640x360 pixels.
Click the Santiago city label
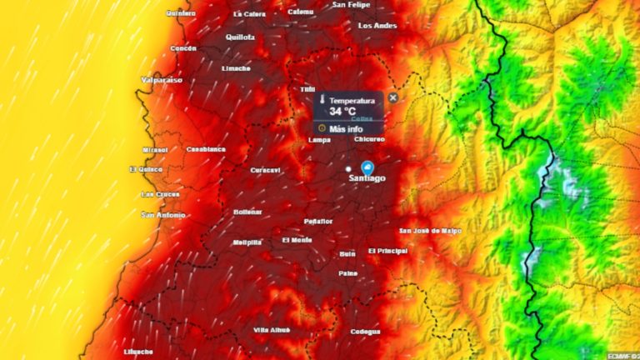(x=367, y=178)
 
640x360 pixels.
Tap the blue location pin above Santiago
(x=367, y=167)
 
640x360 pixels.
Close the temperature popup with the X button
(x=393, y=97)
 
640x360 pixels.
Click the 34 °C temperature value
(x=342, y=111)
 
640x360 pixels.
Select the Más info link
(x=346, y=129)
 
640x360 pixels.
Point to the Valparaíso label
(x=162, y=81)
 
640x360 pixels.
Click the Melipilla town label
(x=247, y=242)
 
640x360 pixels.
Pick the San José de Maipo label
(x=430, y=231)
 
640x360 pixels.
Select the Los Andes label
(x=377, y=26)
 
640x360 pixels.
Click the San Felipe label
(x=352, y=5)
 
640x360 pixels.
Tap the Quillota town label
(x=240, y=37)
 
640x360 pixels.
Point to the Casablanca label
(x=206, y=149)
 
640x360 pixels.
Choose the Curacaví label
(x=267, y=170)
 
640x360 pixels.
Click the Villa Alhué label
(x=272, y=331)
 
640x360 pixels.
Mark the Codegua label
(x=365, y=331)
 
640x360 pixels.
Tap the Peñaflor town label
(x=318, y=222)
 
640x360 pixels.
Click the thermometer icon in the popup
(x=321, y=100)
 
